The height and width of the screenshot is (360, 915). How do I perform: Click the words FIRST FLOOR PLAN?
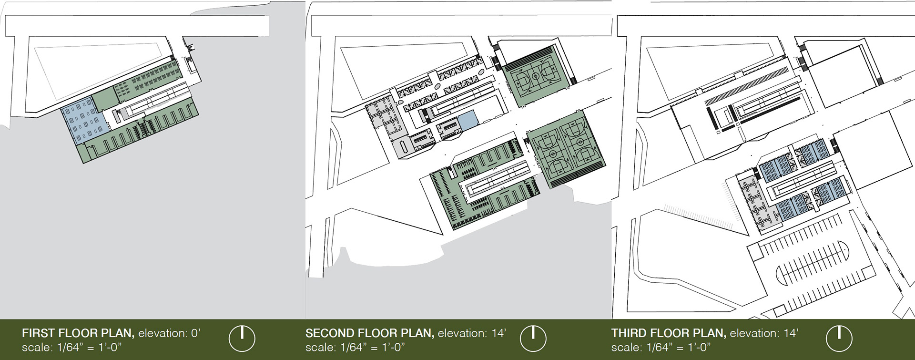click(78, 333)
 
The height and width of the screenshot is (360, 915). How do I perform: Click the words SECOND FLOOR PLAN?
click(369, 333)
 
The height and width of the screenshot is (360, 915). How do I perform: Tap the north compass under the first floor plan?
click(242, 339)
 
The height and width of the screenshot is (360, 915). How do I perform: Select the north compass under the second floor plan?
click(533, 339)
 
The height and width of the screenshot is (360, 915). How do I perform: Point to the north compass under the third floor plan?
click(839, 339)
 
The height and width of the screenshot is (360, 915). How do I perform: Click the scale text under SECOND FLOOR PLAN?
click(355, 347)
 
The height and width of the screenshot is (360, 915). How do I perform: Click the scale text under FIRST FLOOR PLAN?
click(72, 347)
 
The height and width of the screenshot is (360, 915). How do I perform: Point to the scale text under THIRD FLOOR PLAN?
click(661, 347)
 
